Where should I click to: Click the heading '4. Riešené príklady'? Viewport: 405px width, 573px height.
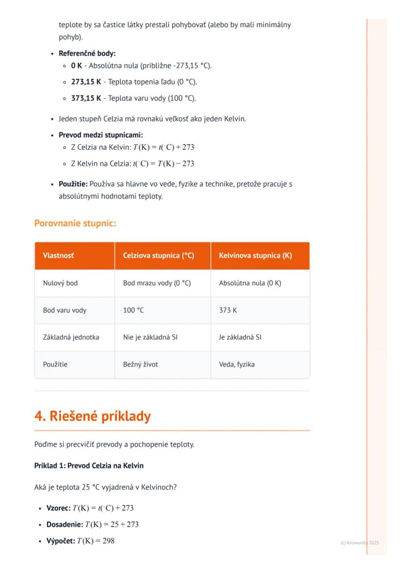pyautogui.click(x=92, y=416)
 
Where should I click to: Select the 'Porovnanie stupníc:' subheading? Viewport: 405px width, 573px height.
pyautogui.click(x=75, y=224)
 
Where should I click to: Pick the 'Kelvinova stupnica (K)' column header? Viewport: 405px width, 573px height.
pyautogui.click(x=255, y=255)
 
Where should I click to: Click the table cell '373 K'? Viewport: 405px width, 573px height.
pyautogui.click(x=228, y=310)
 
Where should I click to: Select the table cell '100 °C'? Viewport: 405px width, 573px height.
pyautogui.click(x=134, y=310)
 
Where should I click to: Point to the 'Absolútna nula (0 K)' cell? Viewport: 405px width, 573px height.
pyautogui.click(x=250, y=283)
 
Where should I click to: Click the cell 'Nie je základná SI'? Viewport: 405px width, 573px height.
pyautogui.click(x=150, y=337)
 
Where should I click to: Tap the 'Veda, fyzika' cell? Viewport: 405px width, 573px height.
pyautogui.click(x=237, y=365)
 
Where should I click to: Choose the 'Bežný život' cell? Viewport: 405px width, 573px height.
pyautogui.click(x=140, y=365)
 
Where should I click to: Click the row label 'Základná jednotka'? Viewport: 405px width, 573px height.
pyautogui.click(x=71, y=337)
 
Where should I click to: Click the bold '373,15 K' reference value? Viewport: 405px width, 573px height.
pyautogui.click(x=86, y=98)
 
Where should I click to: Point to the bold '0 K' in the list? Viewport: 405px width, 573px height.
pyautogui.click(x=76, y=66)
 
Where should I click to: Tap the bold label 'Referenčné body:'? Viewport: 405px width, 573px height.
pyautogui.click(x=87, y=53)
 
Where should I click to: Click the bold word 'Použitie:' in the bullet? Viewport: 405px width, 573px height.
pyautogui.click(x=73, y=184)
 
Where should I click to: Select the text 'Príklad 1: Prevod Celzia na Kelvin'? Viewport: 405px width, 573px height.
pyautogui.click(x=89, y=465)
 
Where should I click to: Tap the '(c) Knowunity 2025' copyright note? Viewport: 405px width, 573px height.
pyautogui.click(x=360, y=543)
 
